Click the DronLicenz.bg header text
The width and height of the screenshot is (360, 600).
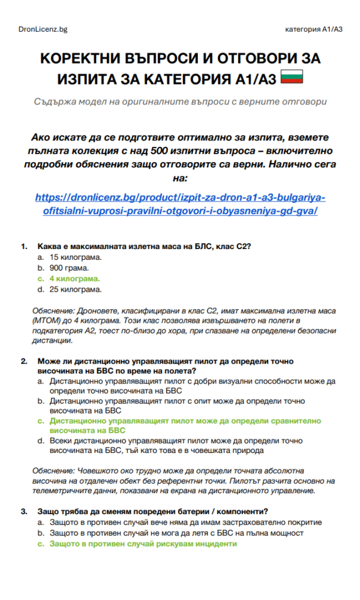43,29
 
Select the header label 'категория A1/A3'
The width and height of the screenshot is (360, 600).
314,29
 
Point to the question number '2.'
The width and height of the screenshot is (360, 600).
25,362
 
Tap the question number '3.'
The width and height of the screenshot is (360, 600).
25,511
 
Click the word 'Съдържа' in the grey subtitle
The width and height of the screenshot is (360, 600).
56,101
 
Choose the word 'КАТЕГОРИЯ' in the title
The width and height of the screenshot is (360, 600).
181,79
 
